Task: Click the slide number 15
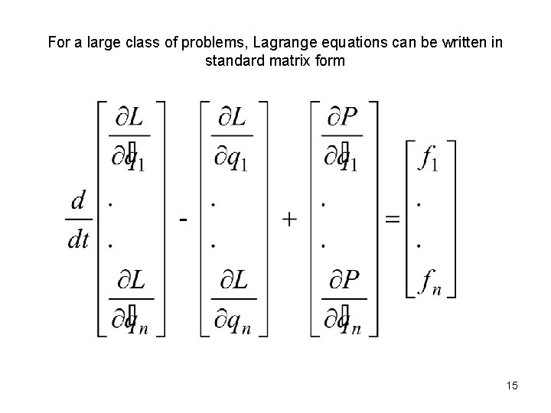pos(511,386)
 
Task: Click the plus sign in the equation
pos(290,220)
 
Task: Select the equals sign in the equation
pos(391,220)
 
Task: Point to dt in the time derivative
pos(78,239)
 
